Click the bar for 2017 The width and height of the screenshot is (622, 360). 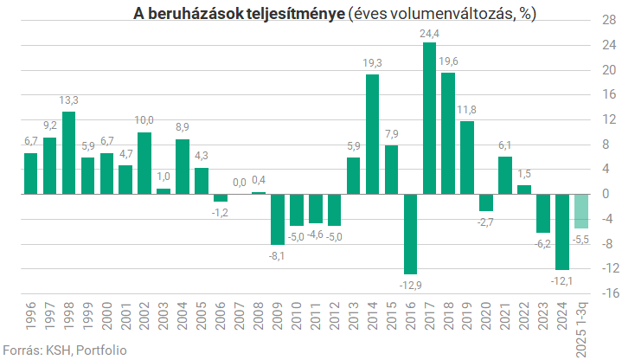[x=429, y=118]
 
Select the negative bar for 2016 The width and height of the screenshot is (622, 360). [x=410, y=234]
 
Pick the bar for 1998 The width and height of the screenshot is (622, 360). [x=68, y=152]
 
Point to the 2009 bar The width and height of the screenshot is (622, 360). [x=278, y=219]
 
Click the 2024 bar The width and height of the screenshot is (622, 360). [x=563, y=231]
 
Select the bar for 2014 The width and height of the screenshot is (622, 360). [x=372, y=134]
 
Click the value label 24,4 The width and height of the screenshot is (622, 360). [x=430, y=34]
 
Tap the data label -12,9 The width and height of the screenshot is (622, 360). [x=410, y=284]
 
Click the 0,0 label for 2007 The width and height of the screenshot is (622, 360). [x=240, y=182]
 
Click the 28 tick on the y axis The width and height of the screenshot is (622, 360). [x=608, y=20]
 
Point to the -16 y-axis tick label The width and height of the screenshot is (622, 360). [x=606, y=292]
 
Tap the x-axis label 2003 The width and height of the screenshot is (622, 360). [x=164, y=319]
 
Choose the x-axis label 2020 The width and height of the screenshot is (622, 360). [x=487, y=319]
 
